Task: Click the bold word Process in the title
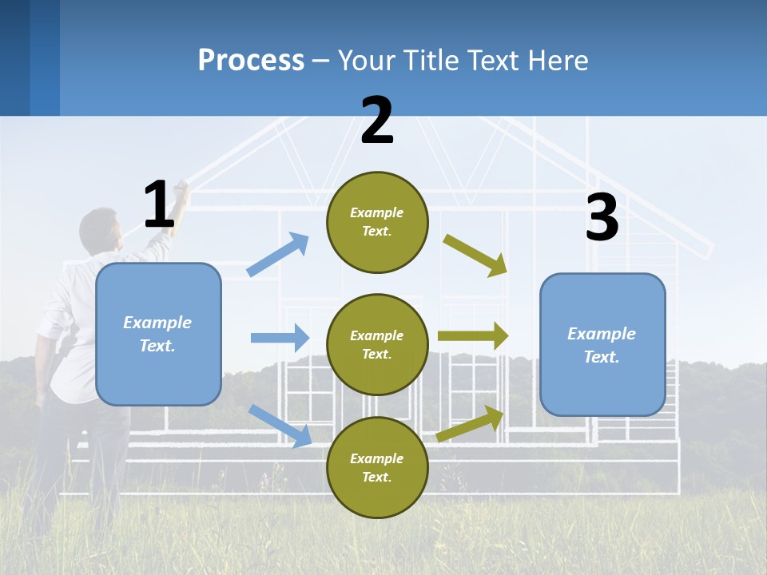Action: click(x=251, y=61)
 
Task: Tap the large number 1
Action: click(x=159, y=204)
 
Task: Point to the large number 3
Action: click(x=602, y=217)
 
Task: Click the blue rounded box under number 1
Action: click(x=158, y=334)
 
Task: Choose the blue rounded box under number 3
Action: click(x=602, y=344)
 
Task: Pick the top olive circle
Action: click(x=377, y=222)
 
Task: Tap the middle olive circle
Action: click(x=377, y=344)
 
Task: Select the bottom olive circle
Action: click(x=377, y=467)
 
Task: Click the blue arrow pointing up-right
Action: click(x=278, y=254)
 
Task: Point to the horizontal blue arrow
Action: click(x=280, y=338)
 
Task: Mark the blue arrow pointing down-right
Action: click(x=280, y=426)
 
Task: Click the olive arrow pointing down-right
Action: click(x=475, y=255)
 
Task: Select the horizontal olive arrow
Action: click(x=472, y=336)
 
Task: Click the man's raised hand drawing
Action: click(x=181, y=188)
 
